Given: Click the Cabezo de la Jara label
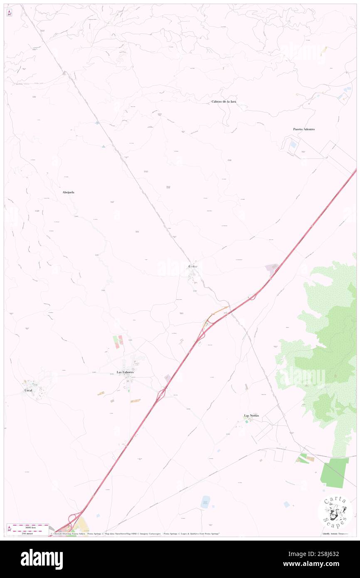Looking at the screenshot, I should pos(224,101).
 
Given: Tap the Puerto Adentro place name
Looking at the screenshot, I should pos(303,129).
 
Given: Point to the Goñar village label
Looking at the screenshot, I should pos(193,266).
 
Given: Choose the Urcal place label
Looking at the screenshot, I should pos(28,390).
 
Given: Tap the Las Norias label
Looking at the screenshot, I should pos(252,415).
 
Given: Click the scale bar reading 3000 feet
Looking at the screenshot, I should pos(28,526).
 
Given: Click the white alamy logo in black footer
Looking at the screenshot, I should pos(42,559).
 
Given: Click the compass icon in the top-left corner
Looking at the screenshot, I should pos(9,12).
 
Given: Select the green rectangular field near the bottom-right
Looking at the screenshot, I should pos(335,472).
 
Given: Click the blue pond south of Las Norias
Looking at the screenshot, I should pos(205,501).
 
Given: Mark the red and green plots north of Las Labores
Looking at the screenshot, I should pos(118,341).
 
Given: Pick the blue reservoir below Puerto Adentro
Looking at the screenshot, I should pos(294,144).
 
